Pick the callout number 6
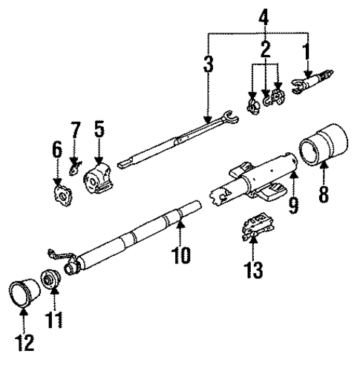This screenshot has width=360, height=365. (x=57, y=150)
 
